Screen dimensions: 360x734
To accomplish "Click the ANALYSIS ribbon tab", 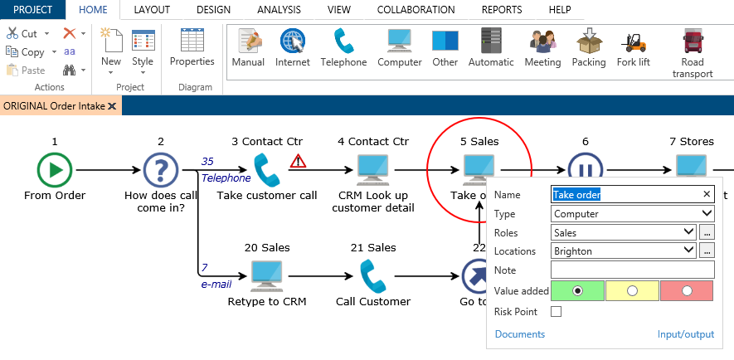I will [x=279, y=10].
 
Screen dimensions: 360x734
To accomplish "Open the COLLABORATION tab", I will [x=416, y=10].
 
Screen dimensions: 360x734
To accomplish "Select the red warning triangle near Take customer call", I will [x=298, y=162].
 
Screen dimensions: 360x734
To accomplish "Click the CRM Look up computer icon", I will [x=372, y=170].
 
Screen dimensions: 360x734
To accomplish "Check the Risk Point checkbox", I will [x=556, y=312].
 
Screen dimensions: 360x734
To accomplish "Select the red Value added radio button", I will [x=687, y=291].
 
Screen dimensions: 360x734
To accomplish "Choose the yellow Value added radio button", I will [x=632, y=291].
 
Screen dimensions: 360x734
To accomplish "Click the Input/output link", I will [x=685, y=334].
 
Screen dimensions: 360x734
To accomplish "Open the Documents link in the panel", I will [x=519, y=334].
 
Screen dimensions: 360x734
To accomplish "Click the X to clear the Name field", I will [x=707, y=194].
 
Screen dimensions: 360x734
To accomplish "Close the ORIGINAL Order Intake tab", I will [x=112, y=107].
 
